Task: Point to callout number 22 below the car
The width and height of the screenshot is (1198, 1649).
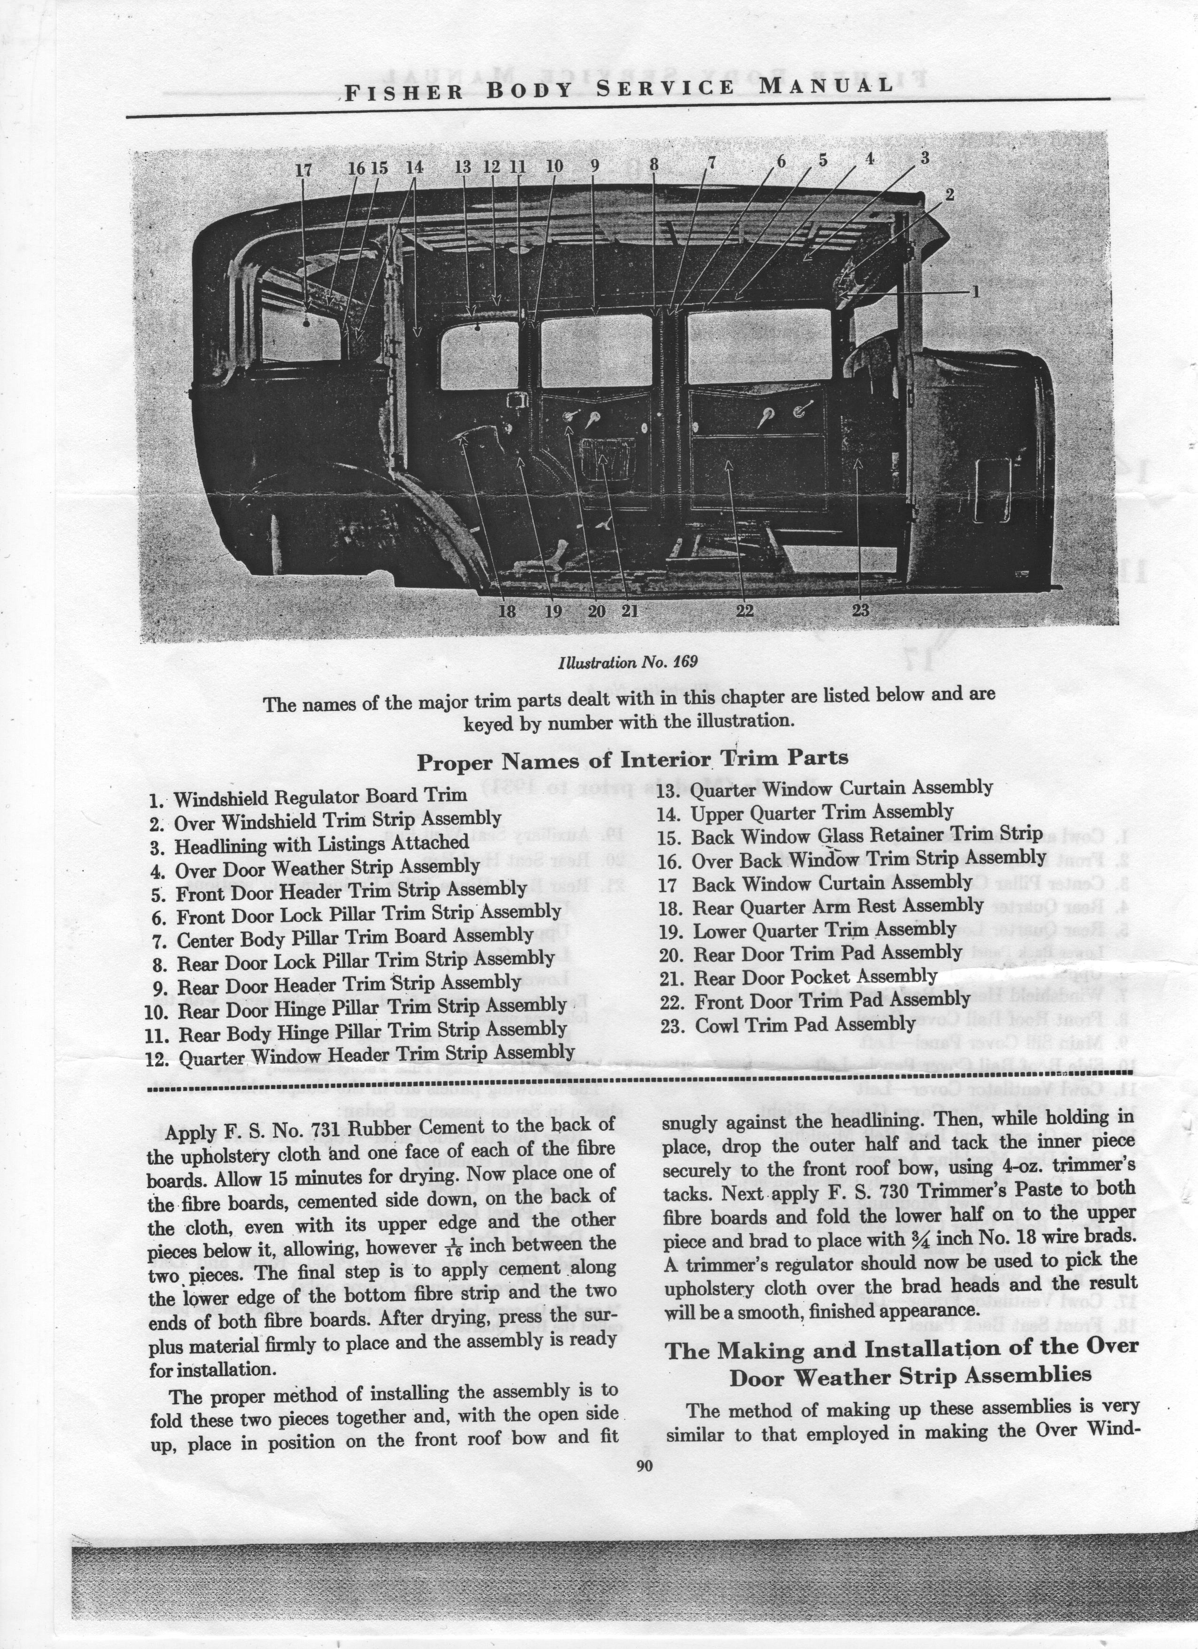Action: pyautogui.click(x=744, y=611)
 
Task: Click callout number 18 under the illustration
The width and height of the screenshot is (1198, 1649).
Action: pyautogui.click(x=506, y=611)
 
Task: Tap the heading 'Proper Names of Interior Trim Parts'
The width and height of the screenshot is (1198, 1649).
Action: pyautogui.click(x=632, y=760)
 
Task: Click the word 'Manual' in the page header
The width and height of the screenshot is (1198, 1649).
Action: pyautogui.click(x=826, y=86)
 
